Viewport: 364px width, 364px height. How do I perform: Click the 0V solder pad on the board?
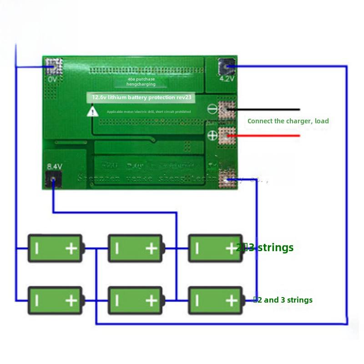click(54, 67)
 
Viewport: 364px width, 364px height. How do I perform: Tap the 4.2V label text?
click(226, 79)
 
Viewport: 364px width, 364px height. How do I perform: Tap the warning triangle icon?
click(93, 111)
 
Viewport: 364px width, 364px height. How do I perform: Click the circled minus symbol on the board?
click(212, 109)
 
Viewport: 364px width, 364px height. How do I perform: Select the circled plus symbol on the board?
click(212, 135)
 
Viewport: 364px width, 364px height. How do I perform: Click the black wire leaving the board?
click(268, 110)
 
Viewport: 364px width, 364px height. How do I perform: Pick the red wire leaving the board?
click(268, 136)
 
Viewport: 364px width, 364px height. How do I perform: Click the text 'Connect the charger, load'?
click(288, 121)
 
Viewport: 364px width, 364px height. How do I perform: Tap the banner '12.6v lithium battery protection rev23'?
click(142, 97)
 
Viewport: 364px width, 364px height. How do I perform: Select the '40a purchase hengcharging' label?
click(141, 81)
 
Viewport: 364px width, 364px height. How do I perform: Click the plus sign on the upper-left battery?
click(71, 248)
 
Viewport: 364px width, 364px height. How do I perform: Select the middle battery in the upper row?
click(135, 248)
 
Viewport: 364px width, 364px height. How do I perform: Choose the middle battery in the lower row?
click(135, 300)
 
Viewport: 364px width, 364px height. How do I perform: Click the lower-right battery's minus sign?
click(197, 300)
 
